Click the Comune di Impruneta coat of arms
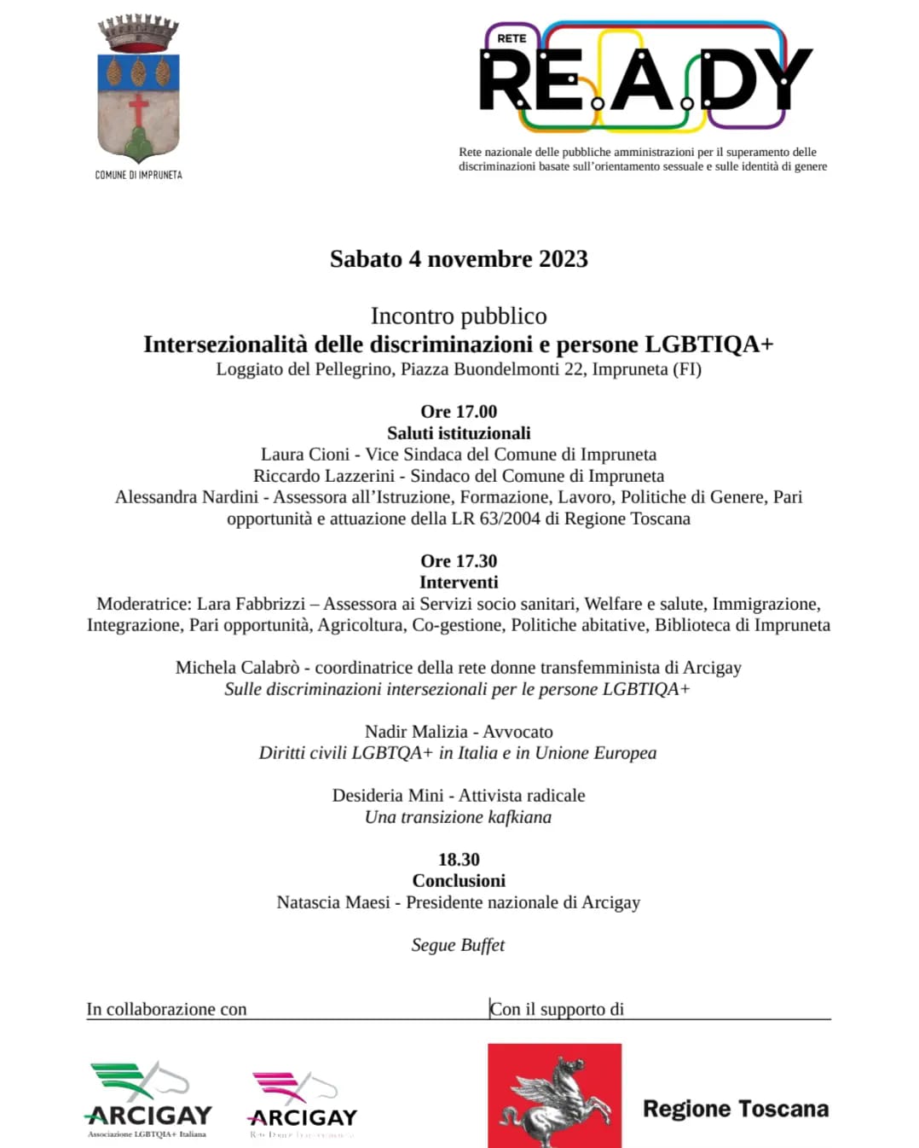[x=138, y=90]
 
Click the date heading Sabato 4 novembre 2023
[x=459, y=259]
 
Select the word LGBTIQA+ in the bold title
[x=709, y=344]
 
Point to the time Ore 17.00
[x=459, y=411]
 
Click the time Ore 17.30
[x=459, y=560]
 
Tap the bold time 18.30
[x=459, y=859]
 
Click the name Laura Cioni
[x=305, y=455]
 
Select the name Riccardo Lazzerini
[x=324, y=476]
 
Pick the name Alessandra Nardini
[x=187, y=497]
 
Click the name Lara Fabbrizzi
[x=251, y=604]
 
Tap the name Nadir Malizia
[x=416, y=732]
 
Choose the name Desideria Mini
[x=388, y=796]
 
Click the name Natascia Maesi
[x=333, y=902]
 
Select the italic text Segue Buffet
[x=458, y=945]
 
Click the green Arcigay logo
[x=148, y=1099]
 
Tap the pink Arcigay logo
[x=303, y=1103]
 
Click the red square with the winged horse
[x=554, y=1096]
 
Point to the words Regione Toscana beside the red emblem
[x=736, y=1109]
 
